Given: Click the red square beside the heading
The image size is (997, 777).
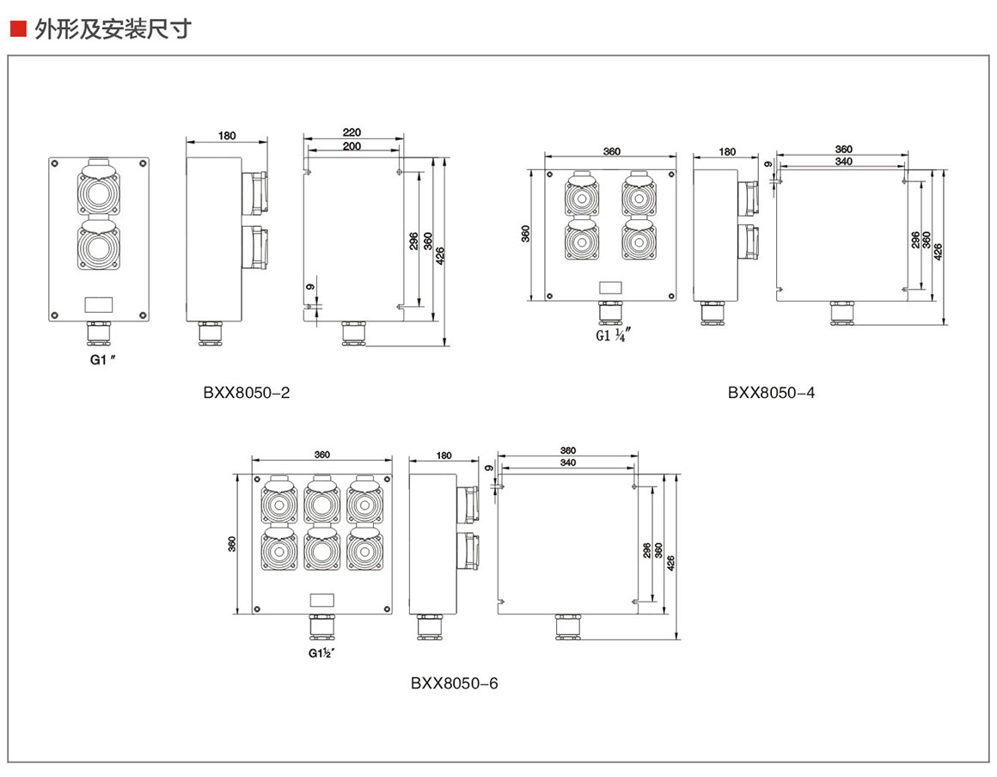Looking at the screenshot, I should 17,31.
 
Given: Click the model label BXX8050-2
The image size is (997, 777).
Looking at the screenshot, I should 247,393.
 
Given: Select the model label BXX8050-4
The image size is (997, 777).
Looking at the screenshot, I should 771,393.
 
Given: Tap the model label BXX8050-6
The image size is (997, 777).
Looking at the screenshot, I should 454,683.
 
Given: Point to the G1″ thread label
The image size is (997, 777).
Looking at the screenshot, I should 102,361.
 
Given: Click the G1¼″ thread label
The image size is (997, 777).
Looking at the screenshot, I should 614,335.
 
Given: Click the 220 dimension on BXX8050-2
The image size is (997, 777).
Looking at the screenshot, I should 352,132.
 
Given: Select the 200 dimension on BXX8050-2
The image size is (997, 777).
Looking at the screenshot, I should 352,146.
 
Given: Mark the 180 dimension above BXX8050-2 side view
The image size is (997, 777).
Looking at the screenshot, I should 227,136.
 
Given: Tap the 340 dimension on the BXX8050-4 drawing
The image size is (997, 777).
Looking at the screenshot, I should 843,162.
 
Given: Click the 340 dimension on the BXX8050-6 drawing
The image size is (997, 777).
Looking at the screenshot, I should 568,462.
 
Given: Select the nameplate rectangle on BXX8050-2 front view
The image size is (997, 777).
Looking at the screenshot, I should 98,303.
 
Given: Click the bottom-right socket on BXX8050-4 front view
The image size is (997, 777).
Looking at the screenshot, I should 639,242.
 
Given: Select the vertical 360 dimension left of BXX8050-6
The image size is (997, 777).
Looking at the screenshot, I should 232,545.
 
